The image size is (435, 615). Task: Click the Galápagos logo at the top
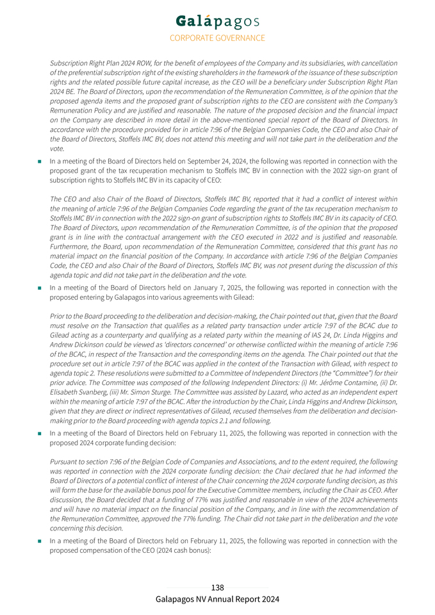click(217, 21)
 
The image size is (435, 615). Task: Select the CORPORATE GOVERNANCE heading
click(217, 38)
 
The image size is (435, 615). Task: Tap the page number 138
click(217, 587)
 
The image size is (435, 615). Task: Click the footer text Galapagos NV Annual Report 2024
click(217, 600)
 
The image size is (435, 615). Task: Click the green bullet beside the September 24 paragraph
click(40, 161)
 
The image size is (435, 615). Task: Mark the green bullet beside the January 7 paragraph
click(40, 288)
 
